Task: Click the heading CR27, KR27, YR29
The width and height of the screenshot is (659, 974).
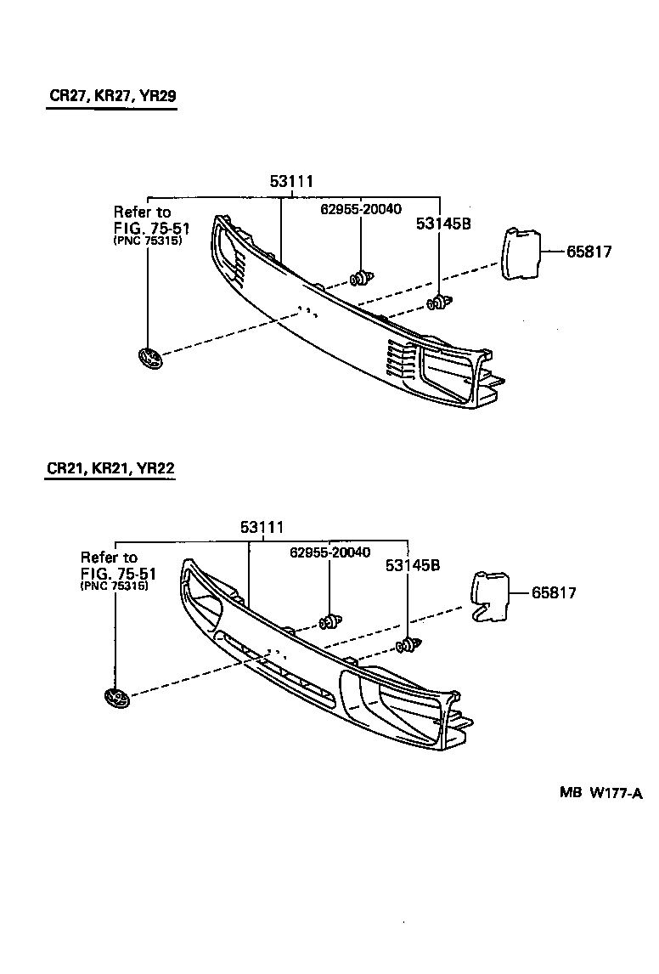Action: [x=112, y=96]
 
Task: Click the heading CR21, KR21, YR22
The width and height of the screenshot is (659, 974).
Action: [x=110, y=468]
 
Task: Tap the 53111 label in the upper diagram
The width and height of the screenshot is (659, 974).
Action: [x=292, y=181]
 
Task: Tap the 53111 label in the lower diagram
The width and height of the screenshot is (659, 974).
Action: [x=262, y=528]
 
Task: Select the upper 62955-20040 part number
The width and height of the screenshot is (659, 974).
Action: [x=361, y=209]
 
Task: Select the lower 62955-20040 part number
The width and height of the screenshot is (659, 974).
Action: [x=329, y=552]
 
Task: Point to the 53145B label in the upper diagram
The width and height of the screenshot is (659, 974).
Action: [x=443, y=224]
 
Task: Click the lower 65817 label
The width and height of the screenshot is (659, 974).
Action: [x=554, y=592]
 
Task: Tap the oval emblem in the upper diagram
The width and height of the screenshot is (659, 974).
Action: [x=150, y=358]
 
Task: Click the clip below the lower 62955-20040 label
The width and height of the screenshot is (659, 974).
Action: [x=329, y=623]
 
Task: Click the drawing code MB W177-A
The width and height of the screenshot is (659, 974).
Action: [x=600, y=793]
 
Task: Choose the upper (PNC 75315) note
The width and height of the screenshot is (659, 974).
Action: [x=147, y=241]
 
